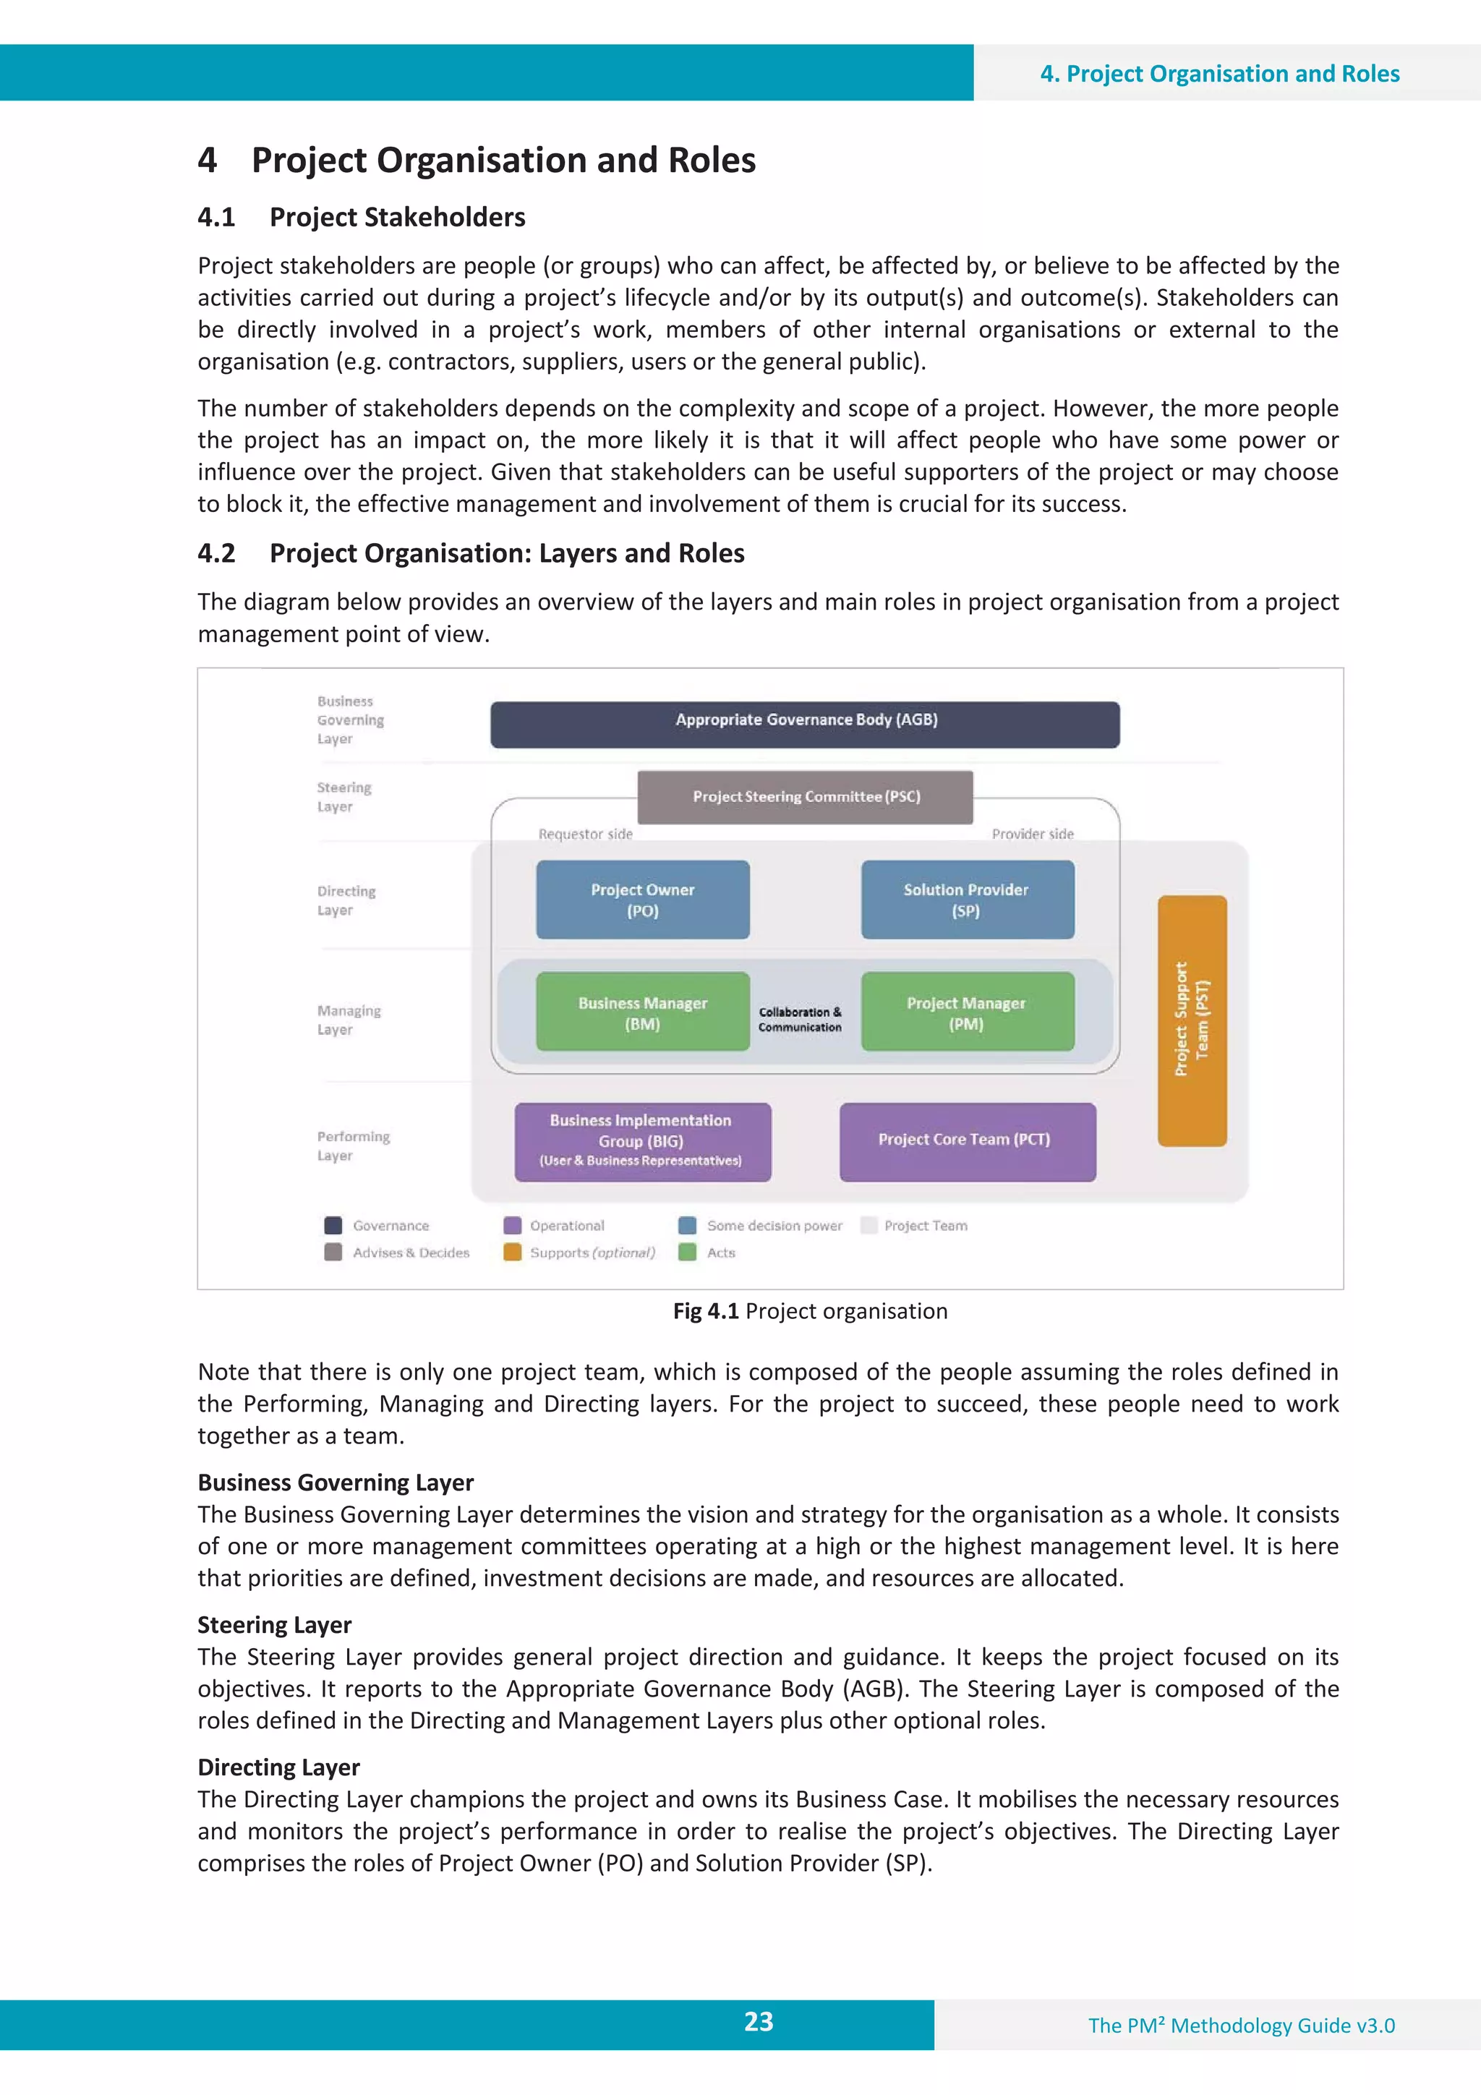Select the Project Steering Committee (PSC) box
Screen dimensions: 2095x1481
pyautogui.click(x=805, y=797)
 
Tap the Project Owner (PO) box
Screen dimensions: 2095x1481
pyautogui.click(x=642, y=900)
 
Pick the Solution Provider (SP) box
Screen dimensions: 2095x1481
pyautogui.click(x=968, y=900)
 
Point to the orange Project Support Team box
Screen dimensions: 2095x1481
pyautogui.click(x=1192, y=1020)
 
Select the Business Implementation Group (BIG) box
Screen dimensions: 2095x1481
pyautogui.click(x=642, y=1141)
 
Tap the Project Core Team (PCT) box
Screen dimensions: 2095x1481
pyautogui.click(x=968, y=1141)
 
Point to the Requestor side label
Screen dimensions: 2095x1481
pyautogui.click(x=585, y=834)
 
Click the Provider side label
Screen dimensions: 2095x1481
pyautogui.click(x=1032, y=834)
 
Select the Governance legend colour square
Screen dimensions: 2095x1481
pyautogui.click(x=333, y=1226)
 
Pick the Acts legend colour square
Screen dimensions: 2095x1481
pyautogui.click(x=688, y=1252)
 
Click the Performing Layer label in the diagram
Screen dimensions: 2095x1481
pyautogui.click(x=353, y=1145)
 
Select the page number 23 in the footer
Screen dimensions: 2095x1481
pyautogui.click(x=759, y=2022)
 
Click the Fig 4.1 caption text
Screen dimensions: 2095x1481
pyautogui.click(x=809, y=1311)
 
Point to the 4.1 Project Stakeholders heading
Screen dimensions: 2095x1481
pyautogui.click(x=362, y=217)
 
